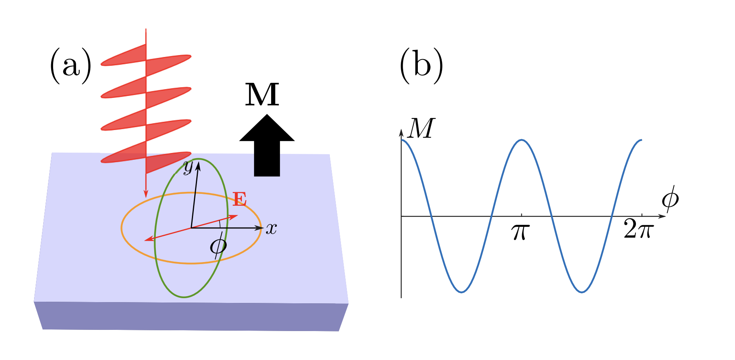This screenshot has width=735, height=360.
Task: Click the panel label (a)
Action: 71,66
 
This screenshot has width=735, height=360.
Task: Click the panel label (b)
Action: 421,66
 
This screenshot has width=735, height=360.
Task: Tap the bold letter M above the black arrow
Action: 262,95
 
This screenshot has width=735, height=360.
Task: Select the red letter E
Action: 239,199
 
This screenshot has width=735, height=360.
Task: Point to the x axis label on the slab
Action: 271,229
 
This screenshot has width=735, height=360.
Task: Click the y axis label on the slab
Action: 188,167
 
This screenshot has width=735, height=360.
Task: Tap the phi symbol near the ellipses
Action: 218,246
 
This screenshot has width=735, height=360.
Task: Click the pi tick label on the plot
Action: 521,232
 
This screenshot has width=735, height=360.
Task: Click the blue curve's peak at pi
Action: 522,140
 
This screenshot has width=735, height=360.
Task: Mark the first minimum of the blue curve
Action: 461,292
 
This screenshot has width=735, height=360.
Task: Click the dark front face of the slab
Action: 190,316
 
